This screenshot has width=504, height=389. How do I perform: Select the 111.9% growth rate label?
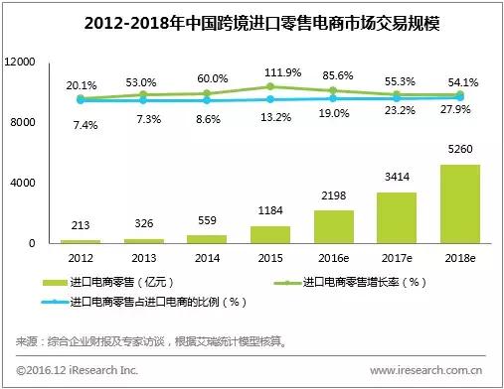(276, 73)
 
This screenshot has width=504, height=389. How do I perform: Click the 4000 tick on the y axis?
(23, 184)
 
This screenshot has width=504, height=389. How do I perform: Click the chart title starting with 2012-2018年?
(252, 23)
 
